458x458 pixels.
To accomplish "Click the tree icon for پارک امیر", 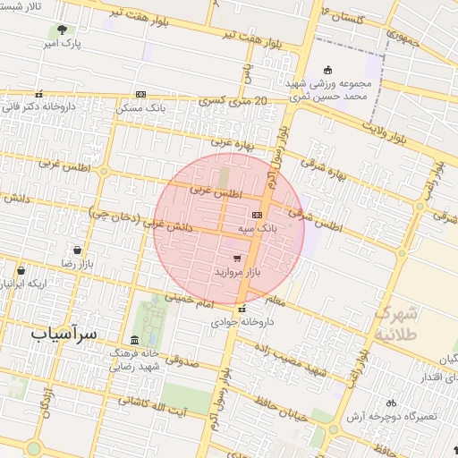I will point(61,30).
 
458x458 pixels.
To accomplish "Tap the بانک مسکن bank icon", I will point(140,95).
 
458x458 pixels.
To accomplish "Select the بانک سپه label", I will point(259,229).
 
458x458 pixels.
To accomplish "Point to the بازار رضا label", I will point(78,264).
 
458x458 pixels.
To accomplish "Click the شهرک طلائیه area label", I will point(395,323).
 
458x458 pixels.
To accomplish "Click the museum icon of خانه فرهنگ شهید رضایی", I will point(134,340).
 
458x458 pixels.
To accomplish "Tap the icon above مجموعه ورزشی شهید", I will point(328,70).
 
